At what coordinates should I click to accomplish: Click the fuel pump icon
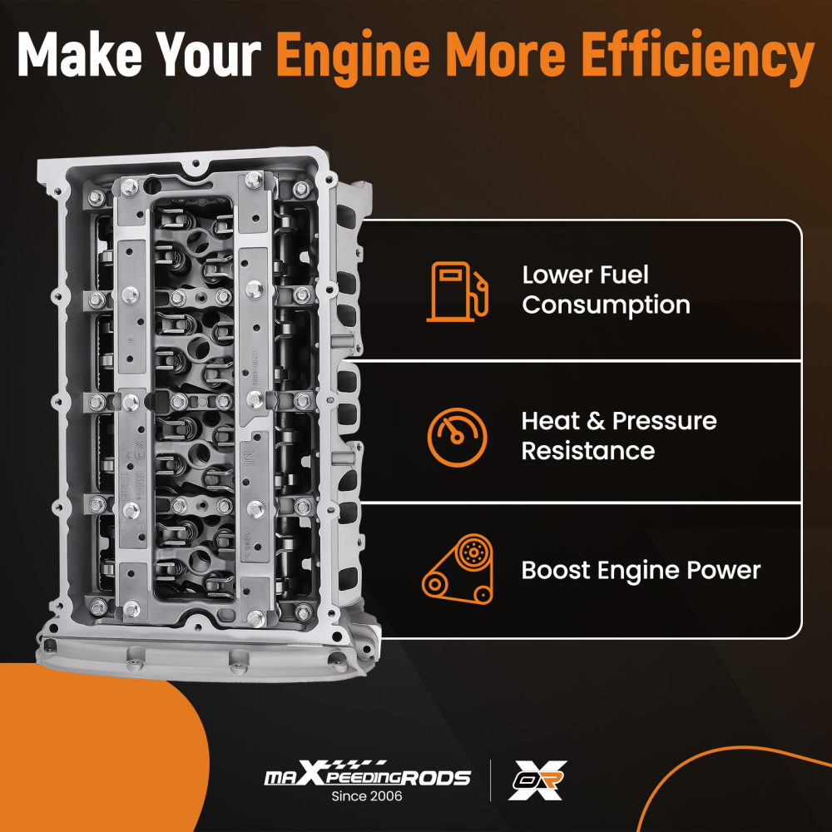point(458,291)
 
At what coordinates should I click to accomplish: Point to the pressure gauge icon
point(457,438)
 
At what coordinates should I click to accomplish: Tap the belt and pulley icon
point(458,569)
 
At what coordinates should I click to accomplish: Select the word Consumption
point(606,305)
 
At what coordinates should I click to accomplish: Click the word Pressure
point(664,421)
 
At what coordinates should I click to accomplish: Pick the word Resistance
point(588,451)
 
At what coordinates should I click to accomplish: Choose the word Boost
point(556,571)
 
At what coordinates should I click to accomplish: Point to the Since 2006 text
point(367,796)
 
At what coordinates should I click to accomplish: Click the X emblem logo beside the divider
point(537,780)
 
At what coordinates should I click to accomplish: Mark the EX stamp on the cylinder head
point(140,453)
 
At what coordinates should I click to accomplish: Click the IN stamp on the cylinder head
point(247,459)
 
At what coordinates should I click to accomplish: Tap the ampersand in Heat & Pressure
point(596,421)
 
